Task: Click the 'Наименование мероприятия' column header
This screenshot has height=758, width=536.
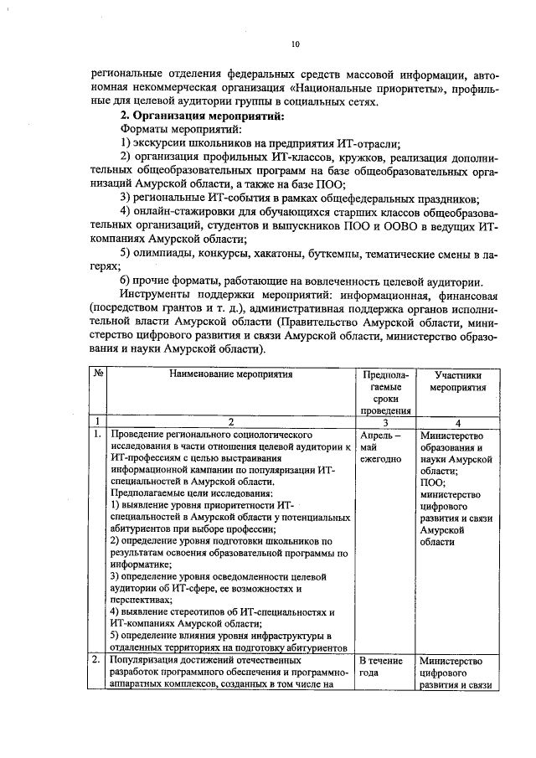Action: coord(231,374)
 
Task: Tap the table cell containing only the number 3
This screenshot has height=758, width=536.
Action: coord(385,422)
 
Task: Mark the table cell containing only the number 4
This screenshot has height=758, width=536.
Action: coord(458,422)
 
